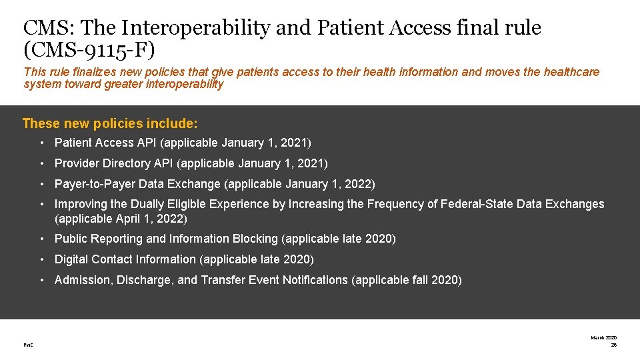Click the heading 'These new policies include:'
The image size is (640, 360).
110,123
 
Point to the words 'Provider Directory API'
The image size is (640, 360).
114,163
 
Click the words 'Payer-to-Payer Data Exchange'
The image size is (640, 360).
137,184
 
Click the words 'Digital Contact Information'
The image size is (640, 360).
125,259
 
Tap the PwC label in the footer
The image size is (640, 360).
28,345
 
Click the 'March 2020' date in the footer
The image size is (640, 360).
603,337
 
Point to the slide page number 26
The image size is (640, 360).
613,345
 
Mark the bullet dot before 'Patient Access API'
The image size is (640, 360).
41,143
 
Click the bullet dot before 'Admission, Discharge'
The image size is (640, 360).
41,280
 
